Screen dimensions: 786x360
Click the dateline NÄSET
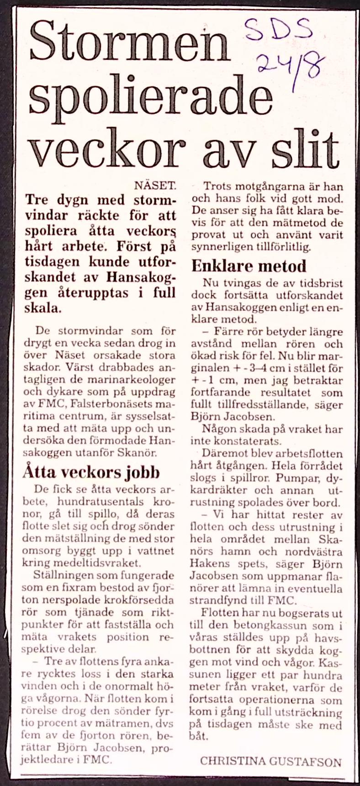click(x=155, y=186)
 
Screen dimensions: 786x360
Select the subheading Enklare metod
click(x=249, y=266)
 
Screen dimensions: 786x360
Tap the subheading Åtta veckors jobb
click(x=91, y=472)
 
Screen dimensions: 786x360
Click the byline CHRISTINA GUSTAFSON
click(x=270, y=761)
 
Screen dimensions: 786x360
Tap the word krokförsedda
click(x=137, y=600)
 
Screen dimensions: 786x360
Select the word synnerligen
click(x=217, y=247)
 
